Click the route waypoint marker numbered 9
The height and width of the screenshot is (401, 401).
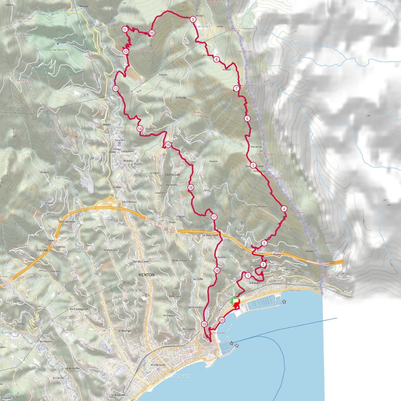(193, 19)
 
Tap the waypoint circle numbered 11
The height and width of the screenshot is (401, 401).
(125, 29)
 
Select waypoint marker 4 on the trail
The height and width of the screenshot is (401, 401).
(284, 209)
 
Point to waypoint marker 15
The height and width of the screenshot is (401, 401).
(168, 145)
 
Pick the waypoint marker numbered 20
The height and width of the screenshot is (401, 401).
(222, 320)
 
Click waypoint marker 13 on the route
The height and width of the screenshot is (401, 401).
(116, 89)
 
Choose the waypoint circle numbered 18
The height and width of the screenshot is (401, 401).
(217, 270)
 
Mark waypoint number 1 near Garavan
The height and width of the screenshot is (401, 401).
(248, 276)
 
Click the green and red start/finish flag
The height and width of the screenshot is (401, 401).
(235, 301)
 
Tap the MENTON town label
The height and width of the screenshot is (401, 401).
(146, 275)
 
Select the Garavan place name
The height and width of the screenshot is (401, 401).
(255, 282)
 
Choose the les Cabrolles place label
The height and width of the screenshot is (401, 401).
(67, 221)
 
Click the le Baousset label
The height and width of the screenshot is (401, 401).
(210, 235)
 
